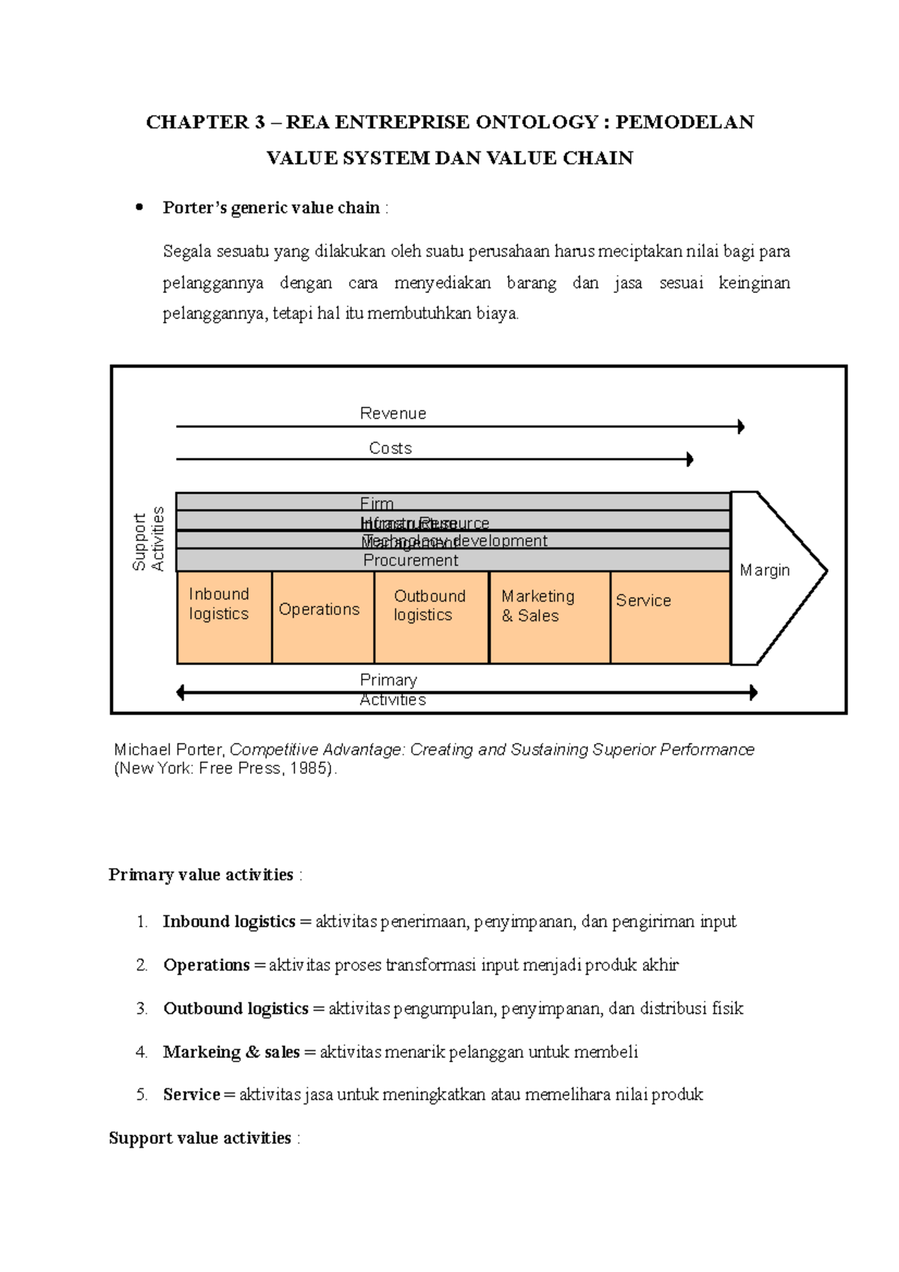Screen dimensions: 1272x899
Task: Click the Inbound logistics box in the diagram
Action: tap(224, 617)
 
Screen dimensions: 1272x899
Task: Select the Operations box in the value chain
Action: tap(323, 617)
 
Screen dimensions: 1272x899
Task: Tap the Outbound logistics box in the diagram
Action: tap(432, 617)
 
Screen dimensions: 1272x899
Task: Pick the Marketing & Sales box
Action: tap(550, 617)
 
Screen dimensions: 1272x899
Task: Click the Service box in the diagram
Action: tap(670, 617)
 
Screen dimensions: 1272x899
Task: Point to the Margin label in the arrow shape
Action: tap(765, 571)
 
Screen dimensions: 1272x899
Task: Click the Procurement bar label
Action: tap(411, 560)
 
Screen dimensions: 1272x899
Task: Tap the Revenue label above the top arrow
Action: tap(393, 414)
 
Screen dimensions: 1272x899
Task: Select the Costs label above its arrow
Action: tap(390, 448)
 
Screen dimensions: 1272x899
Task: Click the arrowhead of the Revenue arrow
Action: tap(741, 427)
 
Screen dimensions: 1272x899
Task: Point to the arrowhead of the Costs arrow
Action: tap(690, 459)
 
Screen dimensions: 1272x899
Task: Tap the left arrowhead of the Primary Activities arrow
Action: tap(181, 693)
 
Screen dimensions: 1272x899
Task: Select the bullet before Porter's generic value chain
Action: tap(139, 208)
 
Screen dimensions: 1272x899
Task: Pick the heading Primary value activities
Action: tap(201, 875)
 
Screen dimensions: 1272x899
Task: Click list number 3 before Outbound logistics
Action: tap(142, 1008)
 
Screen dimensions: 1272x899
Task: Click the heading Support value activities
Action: tap(200, 1138)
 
